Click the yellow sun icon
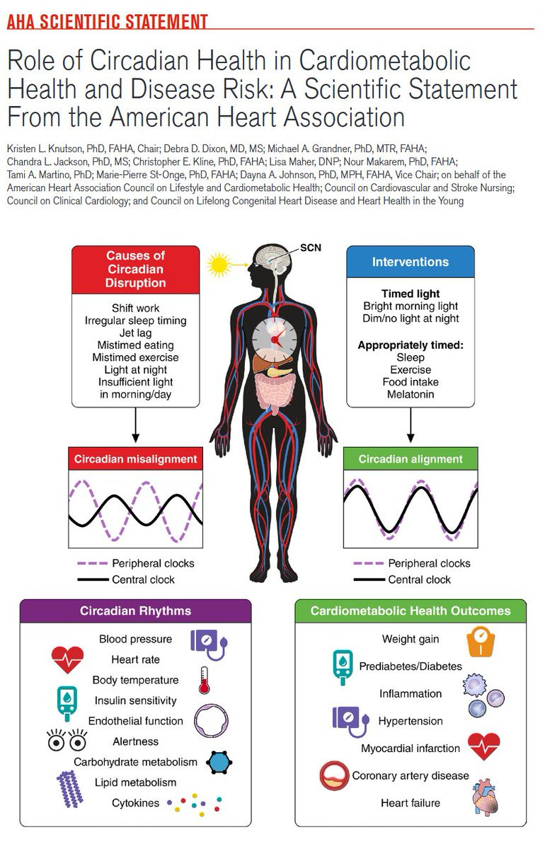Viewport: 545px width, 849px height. point(219,265)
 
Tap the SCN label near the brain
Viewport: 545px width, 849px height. point(311,248)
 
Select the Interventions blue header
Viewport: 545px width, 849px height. point(411,262)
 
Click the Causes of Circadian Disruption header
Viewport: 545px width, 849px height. point(135,269)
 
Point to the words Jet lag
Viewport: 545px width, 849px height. point(135,333)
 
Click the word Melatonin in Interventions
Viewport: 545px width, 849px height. point(411,394)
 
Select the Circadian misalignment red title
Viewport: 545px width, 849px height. point(135,459)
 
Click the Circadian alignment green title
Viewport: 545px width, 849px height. point(411,459)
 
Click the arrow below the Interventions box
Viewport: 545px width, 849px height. point(411,425)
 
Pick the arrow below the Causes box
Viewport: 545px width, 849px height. point(135,425)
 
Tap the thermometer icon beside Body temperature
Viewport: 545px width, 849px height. point(204,681)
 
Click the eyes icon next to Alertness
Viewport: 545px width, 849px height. point(67,739)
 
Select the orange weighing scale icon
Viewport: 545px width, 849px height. point(481,642)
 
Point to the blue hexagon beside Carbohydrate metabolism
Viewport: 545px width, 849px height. point(219,762)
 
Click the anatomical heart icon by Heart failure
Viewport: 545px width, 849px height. point(485,797)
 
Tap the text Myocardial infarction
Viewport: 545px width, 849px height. point(411,749)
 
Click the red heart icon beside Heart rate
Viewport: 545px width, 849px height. point(67,660)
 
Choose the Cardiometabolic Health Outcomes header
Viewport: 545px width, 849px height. point(411,611)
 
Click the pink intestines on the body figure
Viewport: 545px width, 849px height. point(275,393)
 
